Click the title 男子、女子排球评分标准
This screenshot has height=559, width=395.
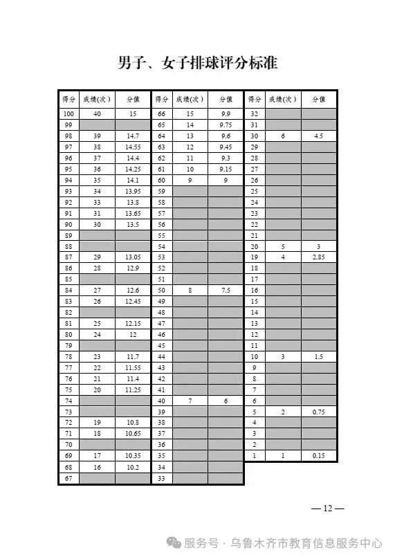[x=197, y=64]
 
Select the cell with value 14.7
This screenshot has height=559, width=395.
[x=132, y=136]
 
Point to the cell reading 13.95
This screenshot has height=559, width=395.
[x=132, y=191]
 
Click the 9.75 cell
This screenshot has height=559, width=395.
[x=226, y=125]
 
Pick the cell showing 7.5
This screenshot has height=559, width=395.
[x=226, y=291]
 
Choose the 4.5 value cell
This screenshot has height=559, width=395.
[x=318, y=136]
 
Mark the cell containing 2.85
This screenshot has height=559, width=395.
[x=318, y=257]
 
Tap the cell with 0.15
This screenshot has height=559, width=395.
[x=318, y=455]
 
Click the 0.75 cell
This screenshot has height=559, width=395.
[x=318, y=412]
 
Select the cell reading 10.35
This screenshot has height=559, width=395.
[x=132, y=455]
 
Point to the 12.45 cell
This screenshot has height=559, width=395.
[x=132, y=302]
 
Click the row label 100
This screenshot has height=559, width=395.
[x=68, y=114]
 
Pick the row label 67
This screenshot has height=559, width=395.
[x=68, y=477]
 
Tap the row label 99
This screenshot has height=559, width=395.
[x=68, y=125]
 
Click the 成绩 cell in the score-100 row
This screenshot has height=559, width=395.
[x=97, y=114]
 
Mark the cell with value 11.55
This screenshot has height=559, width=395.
[x=132, y=367]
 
